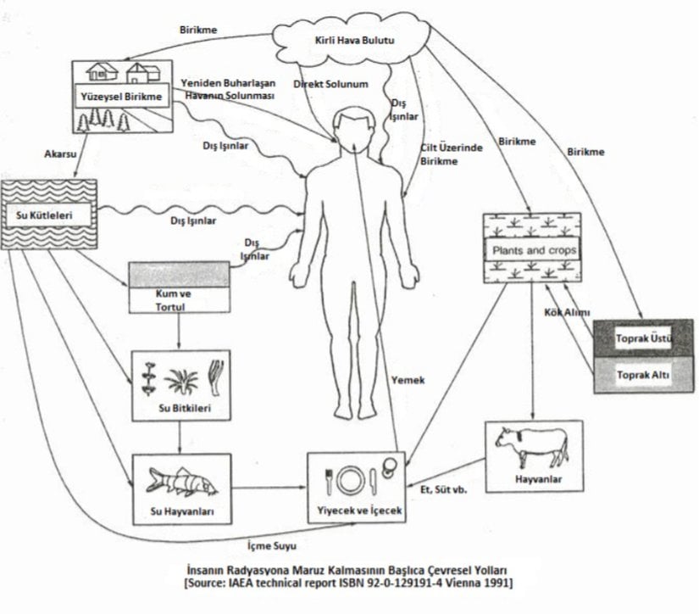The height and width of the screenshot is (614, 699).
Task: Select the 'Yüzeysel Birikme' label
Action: point(121,97)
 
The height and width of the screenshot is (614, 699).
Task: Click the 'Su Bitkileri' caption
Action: point(183,410)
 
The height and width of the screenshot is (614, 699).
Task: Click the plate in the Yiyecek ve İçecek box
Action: point(348,482)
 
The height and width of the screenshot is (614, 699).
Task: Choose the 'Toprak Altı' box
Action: point(643,374)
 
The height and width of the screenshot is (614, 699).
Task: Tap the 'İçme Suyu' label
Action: point(265,545)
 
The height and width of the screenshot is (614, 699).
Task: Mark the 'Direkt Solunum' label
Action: point(330,86)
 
